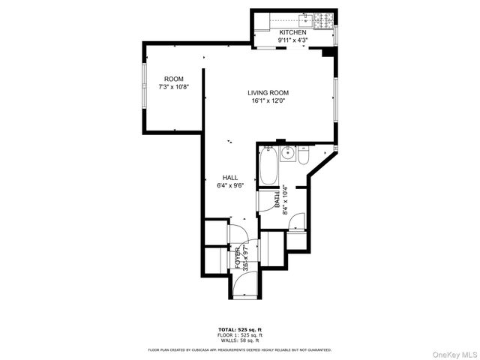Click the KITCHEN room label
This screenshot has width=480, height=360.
292,33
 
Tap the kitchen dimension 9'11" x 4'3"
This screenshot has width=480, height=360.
292,41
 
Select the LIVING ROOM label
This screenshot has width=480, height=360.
268,93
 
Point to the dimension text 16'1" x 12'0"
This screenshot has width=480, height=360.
268,101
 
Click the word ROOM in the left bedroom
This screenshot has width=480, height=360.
174,79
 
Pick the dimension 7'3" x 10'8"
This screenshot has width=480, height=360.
174,88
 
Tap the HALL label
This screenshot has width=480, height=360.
229,178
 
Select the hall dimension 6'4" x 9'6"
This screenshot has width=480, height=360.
229,186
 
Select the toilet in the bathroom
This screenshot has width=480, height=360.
303,155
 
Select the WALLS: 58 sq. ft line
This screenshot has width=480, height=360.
239,341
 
